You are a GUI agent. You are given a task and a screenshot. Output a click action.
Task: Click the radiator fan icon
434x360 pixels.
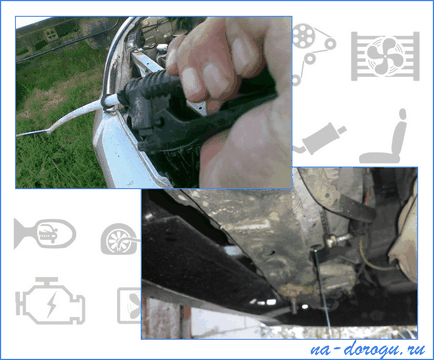pyautogui.click(x=385, y=56)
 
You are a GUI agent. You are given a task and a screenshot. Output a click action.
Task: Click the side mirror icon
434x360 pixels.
pyautogui.click(x=45, y=234)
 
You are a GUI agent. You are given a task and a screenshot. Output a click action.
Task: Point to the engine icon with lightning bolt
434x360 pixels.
pyautogui.click(x=50, y=301)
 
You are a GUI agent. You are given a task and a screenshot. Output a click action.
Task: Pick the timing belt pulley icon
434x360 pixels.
pyautogui.click(x=312, y=50)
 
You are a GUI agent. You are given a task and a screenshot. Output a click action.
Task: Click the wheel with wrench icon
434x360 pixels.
pyautogui.click(x=119, y=239)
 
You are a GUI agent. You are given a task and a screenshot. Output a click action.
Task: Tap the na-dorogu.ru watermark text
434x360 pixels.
pyautogui.click(x=368, y=349)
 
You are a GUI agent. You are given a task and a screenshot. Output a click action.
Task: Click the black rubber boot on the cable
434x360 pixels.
pyautogui.click(x=147, y=100)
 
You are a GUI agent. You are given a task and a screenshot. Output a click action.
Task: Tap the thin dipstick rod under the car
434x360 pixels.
pyautogui.click(x=321, y=287)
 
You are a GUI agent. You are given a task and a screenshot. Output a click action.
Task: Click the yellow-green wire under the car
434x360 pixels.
pyautogui.click(x=370, y=257)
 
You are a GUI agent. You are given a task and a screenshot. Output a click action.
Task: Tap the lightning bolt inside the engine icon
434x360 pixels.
pyautogui.click(x=51, y=305)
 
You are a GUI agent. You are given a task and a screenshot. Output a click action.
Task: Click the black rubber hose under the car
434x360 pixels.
pyautogui.click(x=357, y=208)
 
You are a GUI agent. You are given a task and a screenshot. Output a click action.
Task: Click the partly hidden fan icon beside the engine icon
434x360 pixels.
pyautogui.click(x=129, y=306)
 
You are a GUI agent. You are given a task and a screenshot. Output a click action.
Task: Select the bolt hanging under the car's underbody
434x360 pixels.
pyautogui.click(x=293, y=305)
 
